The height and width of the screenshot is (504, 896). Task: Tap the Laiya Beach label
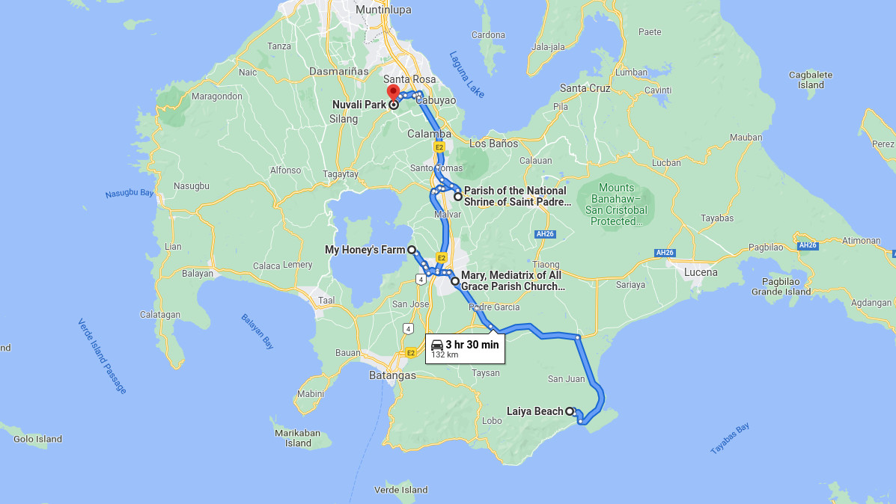point(534,411)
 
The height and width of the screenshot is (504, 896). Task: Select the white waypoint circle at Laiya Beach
point(570,411)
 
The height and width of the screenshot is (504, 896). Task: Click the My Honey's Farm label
point(365,250)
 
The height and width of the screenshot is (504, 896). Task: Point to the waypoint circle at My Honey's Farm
point(412,250)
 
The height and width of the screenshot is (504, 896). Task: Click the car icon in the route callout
point(437,345)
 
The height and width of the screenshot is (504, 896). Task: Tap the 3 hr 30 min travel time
point(472,345)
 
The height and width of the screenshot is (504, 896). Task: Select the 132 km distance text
point(445,355)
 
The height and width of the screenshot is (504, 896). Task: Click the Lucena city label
point(701,272)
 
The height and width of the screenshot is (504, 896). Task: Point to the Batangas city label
point(392,375)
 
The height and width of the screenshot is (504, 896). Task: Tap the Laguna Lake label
point(466,75)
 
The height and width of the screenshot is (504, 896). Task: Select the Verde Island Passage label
point(102,356)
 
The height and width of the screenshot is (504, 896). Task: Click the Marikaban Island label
point(298,438)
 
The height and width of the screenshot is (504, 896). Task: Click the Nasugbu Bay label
point(129,194)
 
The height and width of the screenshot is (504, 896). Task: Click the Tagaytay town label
point(340,174)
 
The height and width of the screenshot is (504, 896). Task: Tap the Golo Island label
point(37,439)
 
